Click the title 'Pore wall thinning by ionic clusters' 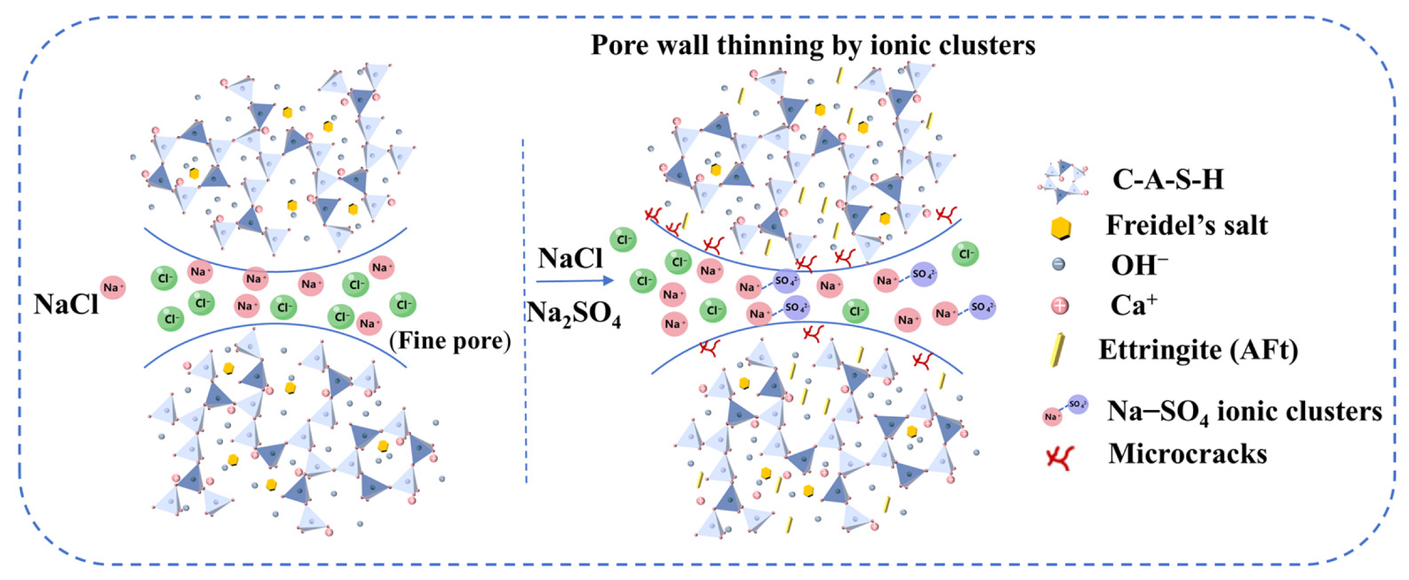(813, 45)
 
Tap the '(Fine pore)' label (450, 341)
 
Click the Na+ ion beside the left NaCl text (113, 288)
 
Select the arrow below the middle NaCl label (575, 281)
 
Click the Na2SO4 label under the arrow (574, 313)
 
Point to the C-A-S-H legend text (1168, 179)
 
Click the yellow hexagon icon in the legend (1061, 229)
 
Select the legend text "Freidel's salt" (1187, 225)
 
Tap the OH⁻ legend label (1139, 265)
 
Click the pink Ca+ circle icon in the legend (1060, 306)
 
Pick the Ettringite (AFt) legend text (1199, 349)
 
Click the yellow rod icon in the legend (1058, 350)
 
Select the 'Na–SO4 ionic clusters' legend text (1245, 411)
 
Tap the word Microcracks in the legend (1187, 453)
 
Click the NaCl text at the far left (66, 304)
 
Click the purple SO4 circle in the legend (1077, 404)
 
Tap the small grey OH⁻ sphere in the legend (1059, 264)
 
